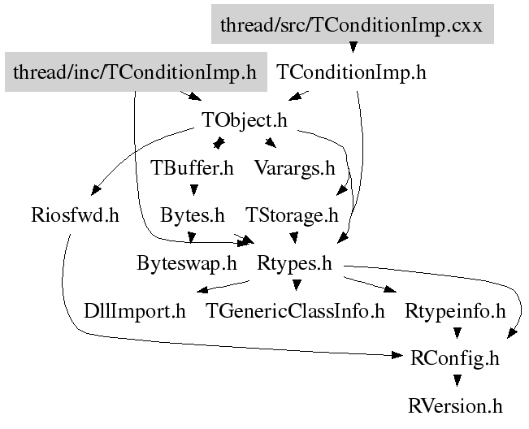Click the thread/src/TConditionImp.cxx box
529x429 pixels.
pos(352,24)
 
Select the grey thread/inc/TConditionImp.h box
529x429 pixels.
pos(135,72)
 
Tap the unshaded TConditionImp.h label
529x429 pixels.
pos(351,72)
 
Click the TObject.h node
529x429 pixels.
pos(245,121)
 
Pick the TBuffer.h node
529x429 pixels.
pos(193,169)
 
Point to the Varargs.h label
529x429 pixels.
pos(294,169)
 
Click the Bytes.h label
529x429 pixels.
pos(193,216)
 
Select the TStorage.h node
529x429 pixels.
pos(292,216)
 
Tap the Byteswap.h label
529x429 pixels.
pos(187,263)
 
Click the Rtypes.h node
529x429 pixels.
pos(297,263)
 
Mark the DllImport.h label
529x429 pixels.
pos(135,311)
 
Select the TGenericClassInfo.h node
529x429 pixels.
pos(296,311)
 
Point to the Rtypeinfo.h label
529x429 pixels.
pos(455,311)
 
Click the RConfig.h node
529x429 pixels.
pos(456,358)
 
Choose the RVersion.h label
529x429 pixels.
pos(456,405)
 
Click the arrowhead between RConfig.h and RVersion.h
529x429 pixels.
pos(457,380)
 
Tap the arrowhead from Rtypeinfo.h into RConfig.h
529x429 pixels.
pos(457,333)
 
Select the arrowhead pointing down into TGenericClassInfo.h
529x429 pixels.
pos(297,285)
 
